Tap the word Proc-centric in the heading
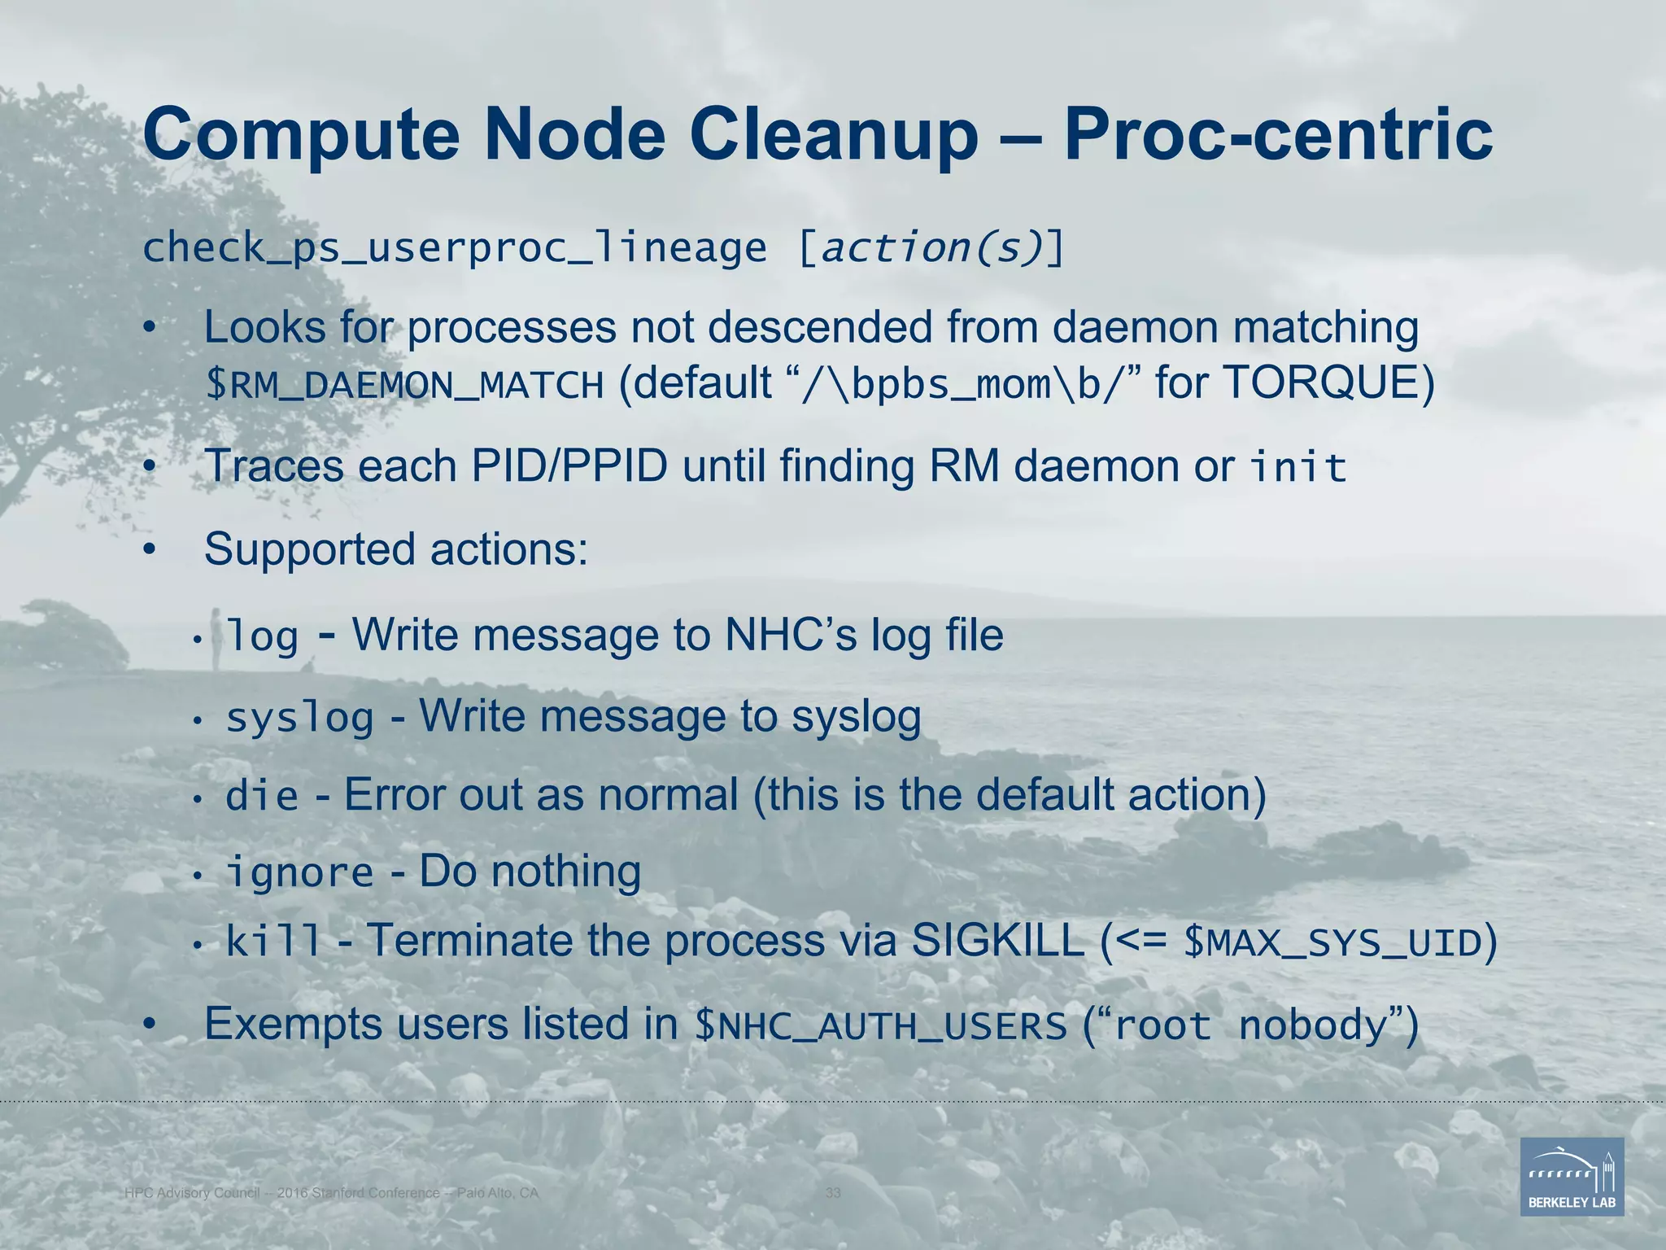coord(1278,135)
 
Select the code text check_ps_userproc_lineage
coord(454,248)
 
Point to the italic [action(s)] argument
coord(931,248)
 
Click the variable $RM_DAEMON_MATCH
coord(404,385)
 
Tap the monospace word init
coord(1298,468)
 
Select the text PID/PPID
coord(569,466)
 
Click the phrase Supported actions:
coord(396,549)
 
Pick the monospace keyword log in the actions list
coord(262,636)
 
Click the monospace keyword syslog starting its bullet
coord(299,718)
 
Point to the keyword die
coord(262,796)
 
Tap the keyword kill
coord(273,942)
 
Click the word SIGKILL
coord(997,942)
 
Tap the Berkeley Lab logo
coord(1572,1176)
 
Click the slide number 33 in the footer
coord(833,1193)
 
